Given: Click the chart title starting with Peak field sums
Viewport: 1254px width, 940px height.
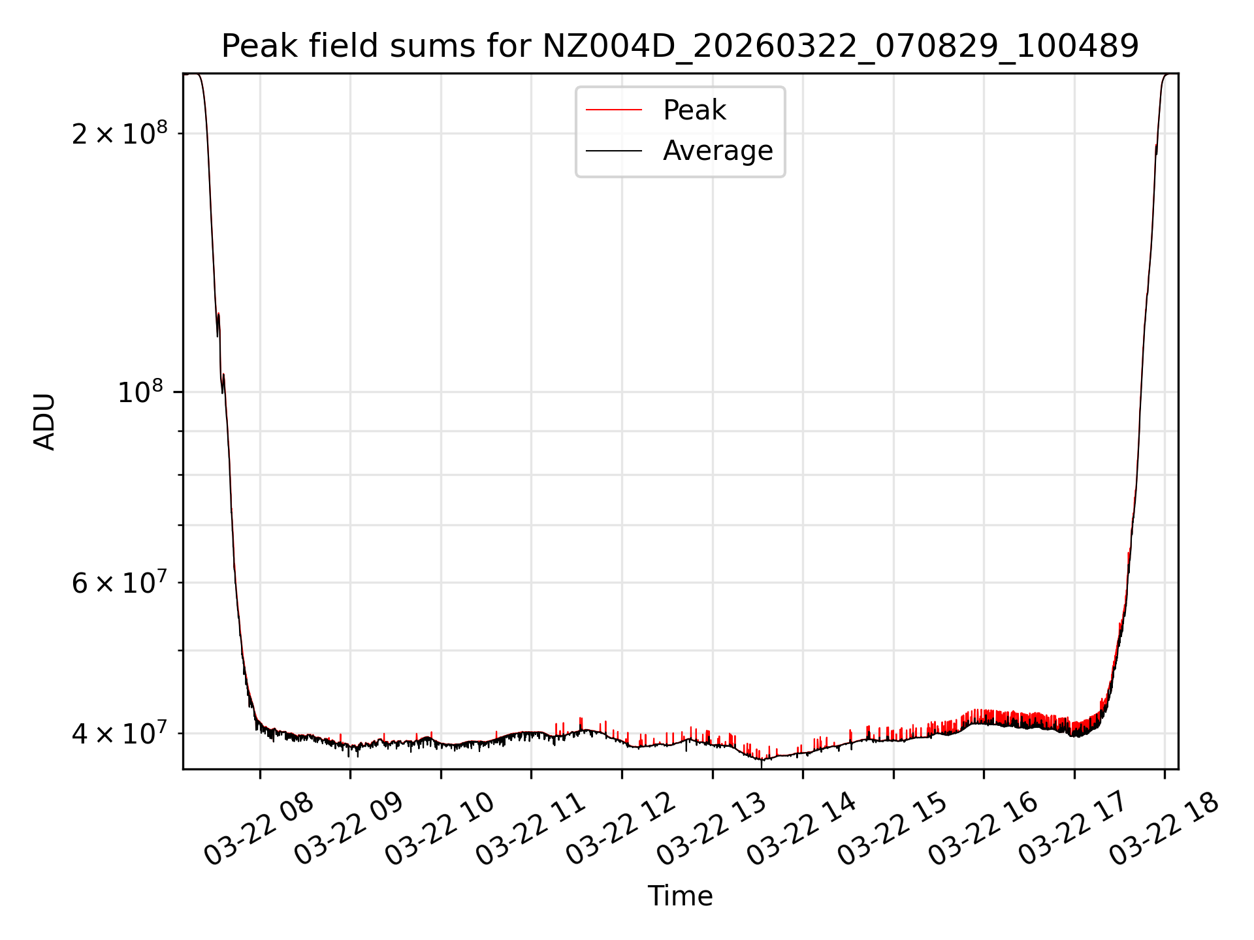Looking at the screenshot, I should click(680, 46).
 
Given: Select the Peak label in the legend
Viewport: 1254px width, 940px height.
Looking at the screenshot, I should click(694, 110).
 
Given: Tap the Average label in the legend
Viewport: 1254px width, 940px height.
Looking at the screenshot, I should click(717, 151).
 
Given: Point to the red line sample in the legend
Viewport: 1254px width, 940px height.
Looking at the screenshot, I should click(614, 110).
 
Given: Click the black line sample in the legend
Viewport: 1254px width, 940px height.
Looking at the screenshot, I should click(614, 151).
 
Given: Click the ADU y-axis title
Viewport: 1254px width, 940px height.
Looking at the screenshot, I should click(45, 422).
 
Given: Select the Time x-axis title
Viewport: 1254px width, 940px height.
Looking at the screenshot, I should click(680, 896).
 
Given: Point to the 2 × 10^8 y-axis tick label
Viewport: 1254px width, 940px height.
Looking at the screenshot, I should click(120, 134).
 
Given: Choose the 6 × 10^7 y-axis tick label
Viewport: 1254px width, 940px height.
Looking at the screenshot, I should click(120, 583).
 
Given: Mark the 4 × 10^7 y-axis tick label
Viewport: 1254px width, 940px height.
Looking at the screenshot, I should click(120, 734).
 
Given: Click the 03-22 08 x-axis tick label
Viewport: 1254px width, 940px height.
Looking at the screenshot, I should click(259, 830).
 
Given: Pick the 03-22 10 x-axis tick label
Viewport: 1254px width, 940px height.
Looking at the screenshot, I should click(440, 830).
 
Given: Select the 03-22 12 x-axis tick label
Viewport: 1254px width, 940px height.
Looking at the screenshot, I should click(621, 830).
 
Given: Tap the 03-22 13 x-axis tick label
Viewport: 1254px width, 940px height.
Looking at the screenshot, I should click(712, 830).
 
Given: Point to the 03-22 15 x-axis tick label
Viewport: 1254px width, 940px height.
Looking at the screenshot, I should click(893, 830).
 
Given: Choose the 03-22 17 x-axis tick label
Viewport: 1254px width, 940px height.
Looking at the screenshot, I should click(1074, 830).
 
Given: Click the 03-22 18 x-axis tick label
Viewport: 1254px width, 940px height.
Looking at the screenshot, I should click(1165, 830).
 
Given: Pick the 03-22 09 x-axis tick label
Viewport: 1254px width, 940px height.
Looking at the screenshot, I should click(349, 830).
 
